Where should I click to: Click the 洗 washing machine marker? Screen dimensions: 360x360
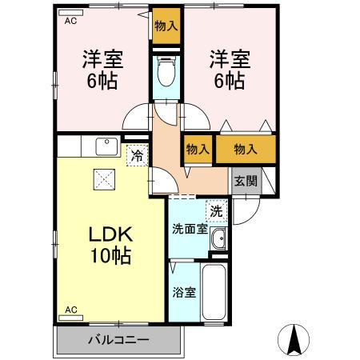point(216,212)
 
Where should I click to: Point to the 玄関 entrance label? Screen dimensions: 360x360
point(245,181)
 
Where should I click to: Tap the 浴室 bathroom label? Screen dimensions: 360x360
point(184,292)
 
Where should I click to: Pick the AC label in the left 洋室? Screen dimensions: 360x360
point(71,22)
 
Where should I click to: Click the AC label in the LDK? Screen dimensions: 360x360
point(71,309)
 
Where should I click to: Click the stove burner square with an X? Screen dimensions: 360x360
point(104,179)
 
